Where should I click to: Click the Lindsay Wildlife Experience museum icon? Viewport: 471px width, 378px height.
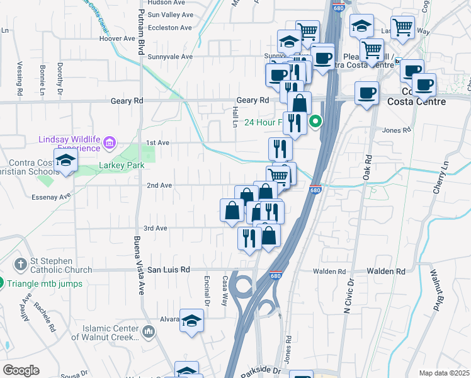110,143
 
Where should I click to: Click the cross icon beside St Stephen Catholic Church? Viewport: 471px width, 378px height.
21,263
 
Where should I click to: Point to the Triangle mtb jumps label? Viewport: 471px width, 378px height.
45,283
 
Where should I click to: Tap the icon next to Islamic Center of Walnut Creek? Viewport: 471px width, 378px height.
148,331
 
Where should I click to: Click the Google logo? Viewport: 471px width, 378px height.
21,370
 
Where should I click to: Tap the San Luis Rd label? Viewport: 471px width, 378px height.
168,270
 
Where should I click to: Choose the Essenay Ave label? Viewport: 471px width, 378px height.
51,197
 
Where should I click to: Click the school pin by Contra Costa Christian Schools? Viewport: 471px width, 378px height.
65,161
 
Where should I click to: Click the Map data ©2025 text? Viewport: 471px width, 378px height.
444,373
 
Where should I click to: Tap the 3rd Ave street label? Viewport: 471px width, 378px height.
156,228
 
